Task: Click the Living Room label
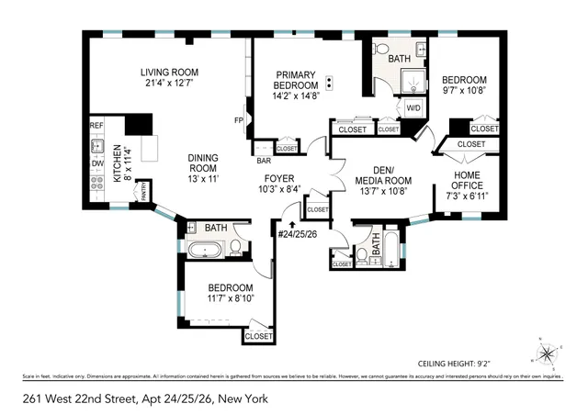click(171, 73)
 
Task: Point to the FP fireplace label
click(238, 120)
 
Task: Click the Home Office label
click(466, 180)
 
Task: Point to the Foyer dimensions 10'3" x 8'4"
click(278, 189)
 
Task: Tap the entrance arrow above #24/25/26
click(292, 221)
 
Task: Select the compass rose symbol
click(546, 352)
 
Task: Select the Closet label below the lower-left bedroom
click(259, 337)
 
